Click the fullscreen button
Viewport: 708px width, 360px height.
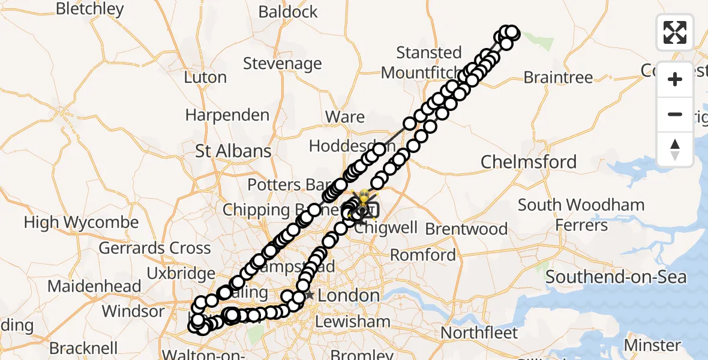(675, 32)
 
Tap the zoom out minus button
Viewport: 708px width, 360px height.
(675, 115)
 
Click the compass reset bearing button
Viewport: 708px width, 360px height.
(675, 149)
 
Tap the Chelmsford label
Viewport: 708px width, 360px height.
(529, 162)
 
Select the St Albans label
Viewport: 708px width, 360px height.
(233, 151)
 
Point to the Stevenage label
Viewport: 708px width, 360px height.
(282, 64)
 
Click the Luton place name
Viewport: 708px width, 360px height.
(205, 77)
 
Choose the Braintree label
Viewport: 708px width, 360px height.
(558, 77)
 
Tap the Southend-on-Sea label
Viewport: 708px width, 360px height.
(616, 278)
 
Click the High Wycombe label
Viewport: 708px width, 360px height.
(81, 223)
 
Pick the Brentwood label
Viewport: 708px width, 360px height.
(466, 229)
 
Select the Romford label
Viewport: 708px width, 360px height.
(423, 255)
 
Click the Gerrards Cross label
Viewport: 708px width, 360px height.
(155, 248)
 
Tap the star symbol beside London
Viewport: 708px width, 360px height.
(310, 295)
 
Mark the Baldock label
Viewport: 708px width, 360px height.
(288, 12)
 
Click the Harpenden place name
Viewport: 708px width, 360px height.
(227, 115)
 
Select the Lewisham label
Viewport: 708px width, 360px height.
(352, 322)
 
